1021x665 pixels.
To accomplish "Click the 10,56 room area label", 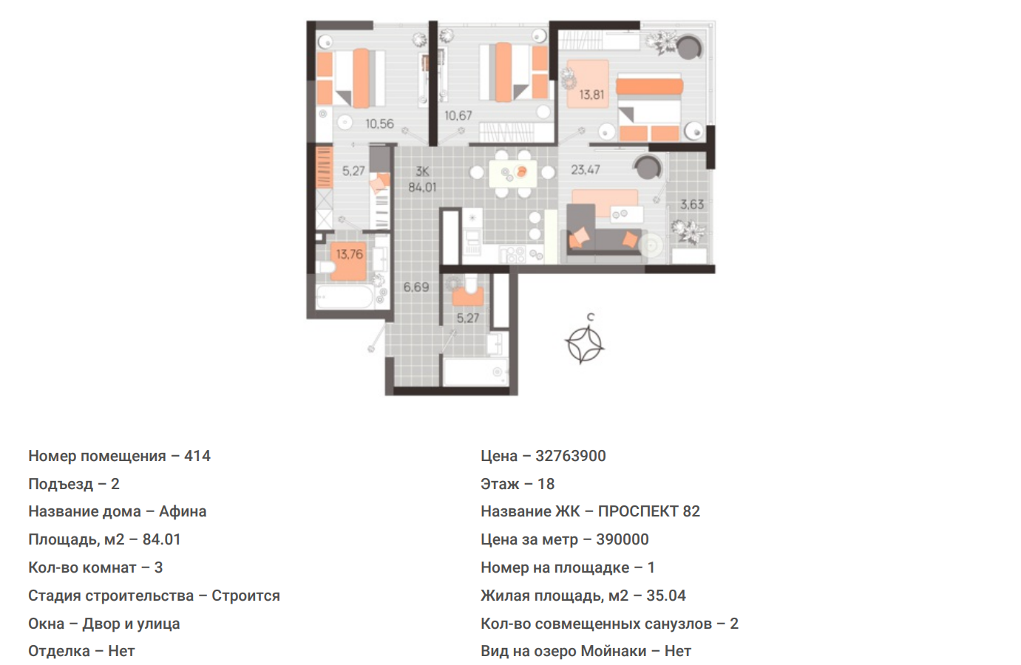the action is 379,124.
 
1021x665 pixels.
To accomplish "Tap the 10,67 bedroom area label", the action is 458,116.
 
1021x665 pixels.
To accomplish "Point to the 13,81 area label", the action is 591,95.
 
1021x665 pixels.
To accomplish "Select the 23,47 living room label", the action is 586,170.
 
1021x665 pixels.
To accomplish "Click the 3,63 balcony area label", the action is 692,205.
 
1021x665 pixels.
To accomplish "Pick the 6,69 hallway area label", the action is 416,287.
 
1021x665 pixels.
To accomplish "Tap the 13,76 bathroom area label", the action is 350,253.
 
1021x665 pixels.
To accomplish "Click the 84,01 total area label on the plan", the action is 422,187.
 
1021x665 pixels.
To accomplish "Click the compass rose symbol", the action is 585,345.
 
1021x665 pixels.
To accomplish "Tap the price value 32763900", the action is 571,456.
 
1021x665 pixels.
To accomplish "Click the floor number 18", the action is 546,484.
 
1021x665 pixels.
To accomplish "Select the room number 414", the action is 197,456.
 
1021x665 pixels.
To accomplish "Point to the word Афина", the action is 183,511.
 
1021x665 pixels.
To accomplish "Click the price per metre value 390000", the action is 623,539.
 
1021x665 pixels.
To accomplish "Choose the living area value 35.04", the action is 666,596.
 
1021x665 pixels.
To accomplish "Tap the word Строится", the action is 245,596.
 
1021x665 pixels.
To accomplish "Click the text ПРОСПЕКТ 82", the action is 649,511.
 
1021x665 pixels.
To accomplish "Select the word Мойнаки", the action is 614,652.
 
